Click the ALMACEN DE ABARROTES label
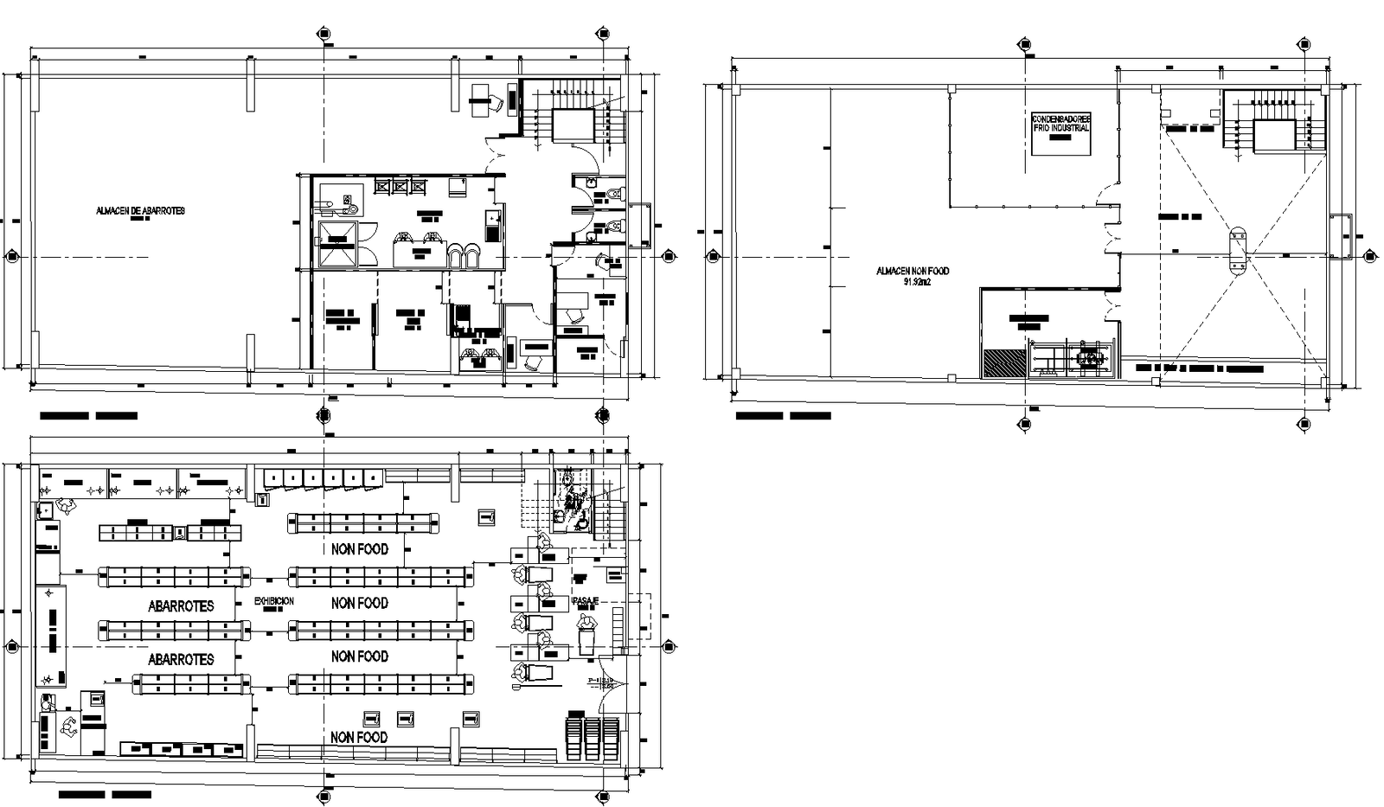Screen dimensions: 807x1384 click(140, 211)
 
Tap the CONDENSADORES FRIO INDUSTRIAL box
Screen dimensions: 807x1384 click(1061, 133)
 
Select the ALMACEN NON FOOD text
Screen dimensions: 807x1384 click(912, 271)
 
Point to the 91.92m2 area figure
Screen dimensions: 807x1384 click(916, 282)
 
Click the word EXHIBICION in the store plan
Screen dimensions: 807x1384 click(273, 601)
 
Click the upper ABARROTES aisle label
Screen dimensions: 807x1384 click(181, 606)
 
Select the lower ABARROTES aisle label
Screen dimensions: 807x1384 click(181, 659)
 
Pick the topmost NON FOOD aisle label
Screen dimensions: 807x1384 click(359, 549)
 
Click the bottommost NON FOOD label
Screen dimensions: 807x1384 click(359, 737)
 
